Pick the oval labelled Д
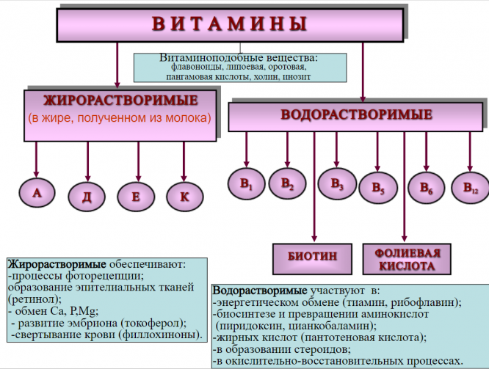(88, 196)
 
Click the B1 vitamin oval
(246, 184)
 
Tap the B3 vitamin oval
(337, 183)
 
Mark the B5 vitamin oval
(378, 188)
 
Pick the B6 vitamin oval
(427, 187)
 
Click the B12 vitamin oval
(470, 186)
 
